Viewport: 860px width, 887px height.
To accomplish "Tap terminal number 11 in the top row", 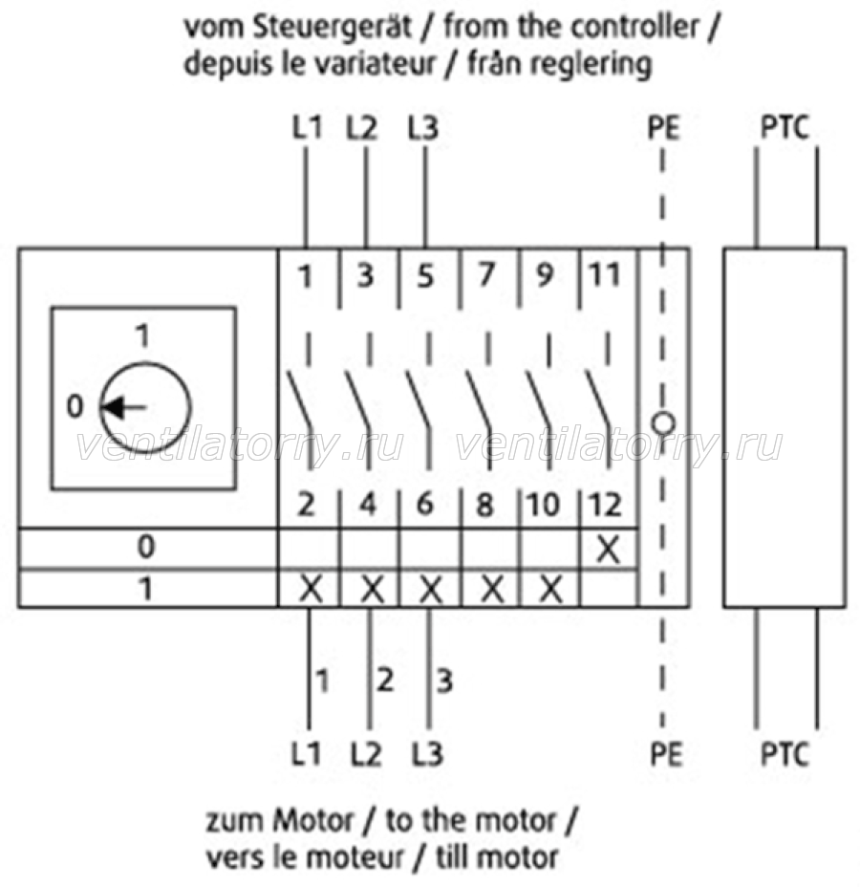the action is click(x=605, y=275).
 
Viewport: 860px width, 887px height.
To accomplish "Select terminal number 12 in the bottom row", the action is click(x=605, y=504).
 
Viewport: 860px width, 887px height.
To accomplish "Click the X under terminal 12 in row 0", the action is click(x=608, y=549).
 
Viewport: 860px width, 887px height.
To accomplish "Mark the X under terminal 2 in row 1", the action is click(x=311, y=590).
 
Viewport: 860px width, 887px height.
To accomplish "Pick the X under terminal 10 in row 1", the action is click(x=550, y=590).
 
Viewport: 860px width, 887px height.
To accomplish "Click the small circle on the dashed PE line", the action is click(x=662, y=423).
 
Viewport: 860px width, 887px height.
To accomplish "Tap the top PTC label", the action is click(x=785, y=127).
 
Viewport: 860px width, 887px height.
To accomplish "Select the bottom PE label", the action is click(x=666, y=754).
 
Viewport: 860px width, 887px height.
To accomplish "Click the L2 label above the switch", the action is click(x=362, y=127).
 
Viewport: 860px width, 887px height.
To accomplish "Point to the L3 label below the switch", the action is click(x=427, y=754).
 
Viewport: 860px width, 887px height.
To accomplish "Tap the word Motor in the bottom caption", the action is click(x=312, y=821).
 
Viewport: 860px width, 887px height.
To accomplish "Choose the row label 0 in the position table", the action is click(x=146, y=547).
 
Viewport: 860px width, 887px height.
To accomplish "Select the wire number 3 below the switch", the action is click(x=445, y=681).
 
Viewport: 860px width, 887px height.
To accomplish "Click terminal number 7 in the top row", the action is click(x=486, y=275).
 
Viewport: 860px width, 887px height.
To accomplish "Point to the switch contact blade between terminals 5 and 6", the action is click(x=419, y=401).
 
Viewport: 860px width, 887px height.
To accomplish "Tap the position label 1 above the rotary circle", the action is click(x=143, y=335).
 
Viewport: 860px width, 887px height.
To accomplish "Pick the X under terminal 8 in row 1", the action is click(x=492, y=590).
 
